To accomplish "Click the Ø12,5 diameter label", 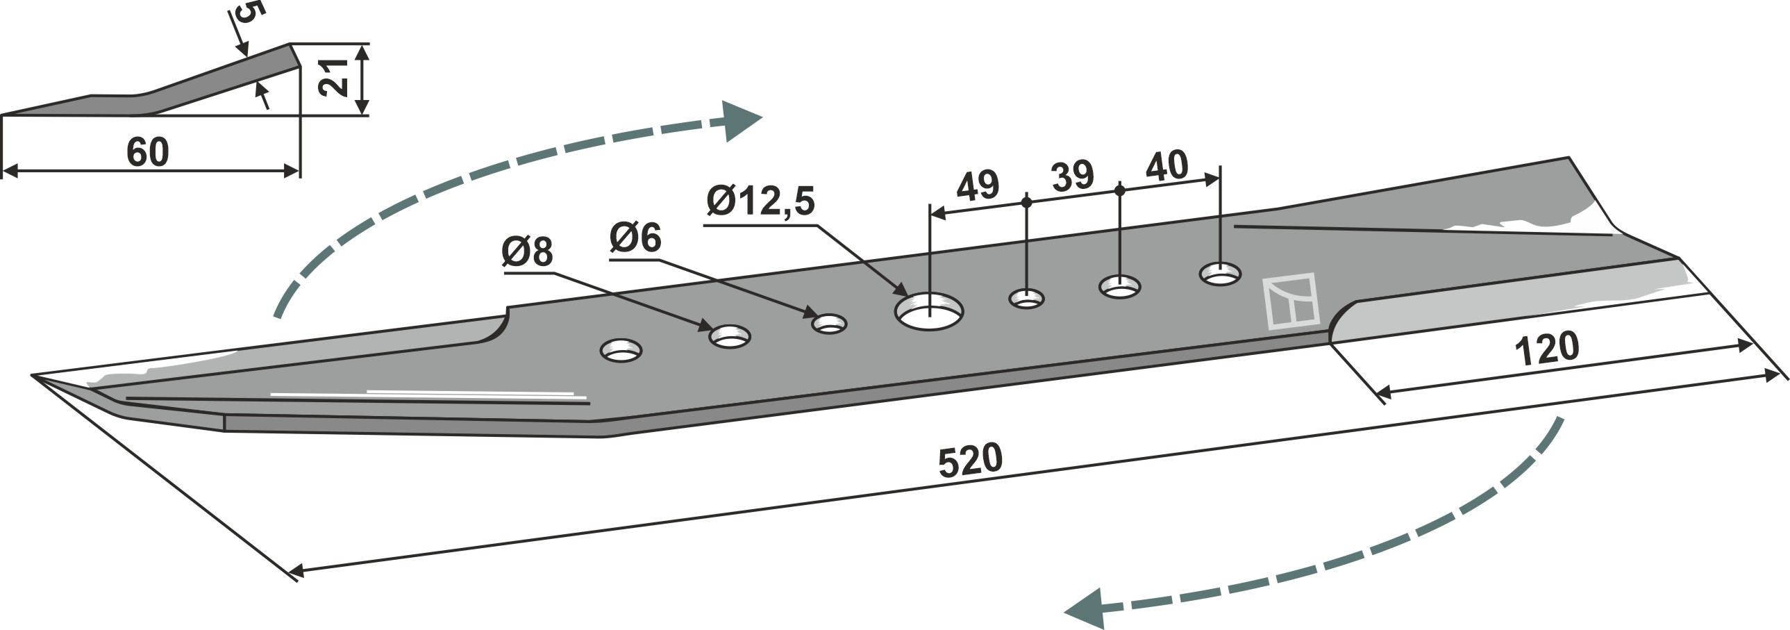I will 760,202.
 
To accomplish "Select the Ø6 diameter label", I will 635,238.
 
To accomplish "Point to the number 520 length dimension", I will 970,461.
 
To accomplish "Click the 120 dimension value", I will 1547,349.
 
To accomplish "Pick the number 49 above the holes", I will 978,185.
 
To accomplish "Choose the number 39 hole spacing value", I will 1072,176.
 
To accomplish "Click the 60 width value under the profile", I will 147,152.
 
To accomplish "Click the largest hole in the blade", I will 929,312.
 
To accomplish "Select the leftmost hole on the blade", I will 621,351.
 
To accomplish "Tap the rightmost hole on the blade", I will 1221,274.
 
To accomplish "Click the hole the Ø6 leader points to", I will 830,324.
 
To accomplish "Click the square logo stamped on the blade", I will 1290,301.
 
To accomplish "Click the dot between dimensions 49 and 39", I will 1026,202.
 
